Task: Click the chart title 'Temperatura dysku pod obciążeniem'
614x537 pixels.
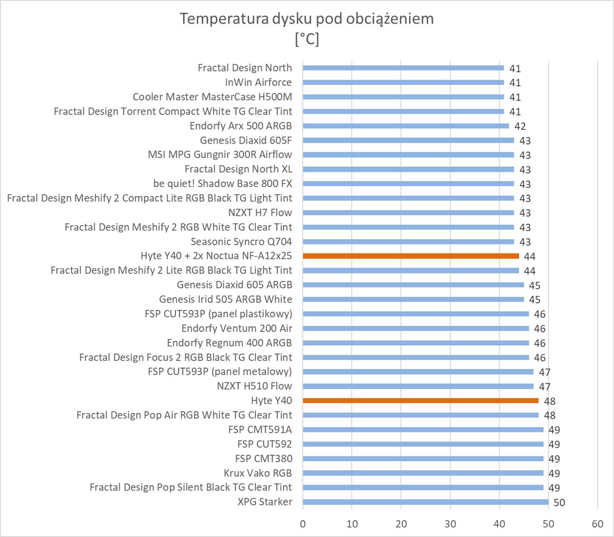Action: tap(307, 19)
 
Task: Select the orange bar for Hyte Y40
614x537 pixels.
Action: tap(420, 400)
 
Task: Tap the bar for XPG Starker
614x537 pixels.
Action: tap(425, 502)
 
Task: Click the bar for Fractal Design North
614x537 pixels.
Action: tap(403, 68)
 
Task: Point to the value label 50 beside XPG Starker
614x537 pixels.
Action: tap(559, 503)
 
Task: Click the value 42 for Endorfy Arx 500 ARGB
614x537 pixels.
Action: tap(520, 126)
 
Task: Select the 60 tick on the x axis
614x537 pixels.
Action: tap(597, 524)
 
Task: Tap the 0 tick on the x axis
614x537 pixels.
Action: tap(303, 524)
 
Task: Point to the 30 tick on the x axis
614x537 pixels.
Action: tap(450, 524)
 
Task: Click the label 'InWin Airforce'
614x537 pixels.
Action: tap(259, 83)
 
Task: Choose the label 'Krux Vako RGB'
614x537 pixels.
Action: tap(258, 473)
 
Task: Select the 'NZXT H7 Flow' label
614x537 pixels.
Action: tap(260, 212)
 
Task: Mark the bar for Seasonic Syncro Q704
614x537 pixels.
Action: tap(408, 242)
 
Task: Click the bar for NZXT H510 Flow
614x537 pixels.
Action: tap(418, 386)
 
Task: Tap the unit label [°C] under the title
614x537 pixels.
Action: tap(307, 39)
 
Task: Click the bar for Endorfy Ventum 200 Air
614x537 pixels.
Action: tap(416, 328)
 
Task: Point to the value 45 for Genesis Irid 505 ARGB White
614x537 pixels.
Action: tap(535, 300)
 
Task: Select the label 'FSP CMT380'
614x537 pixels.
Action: tap(264, 459)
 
